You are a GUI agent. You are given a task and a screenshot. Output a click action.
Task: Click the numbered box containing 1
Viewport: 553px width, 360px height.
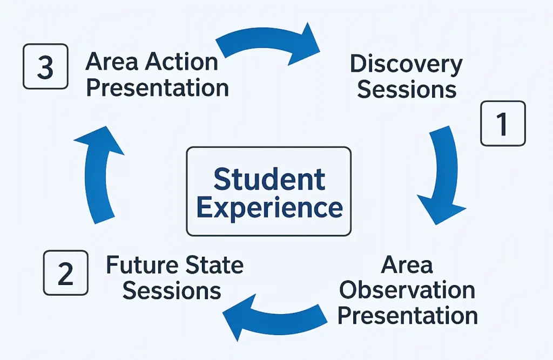click(503, 124)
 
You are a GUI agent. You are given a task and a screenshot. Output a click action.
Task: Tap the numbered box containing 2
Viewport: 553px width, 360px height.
click(65, 273)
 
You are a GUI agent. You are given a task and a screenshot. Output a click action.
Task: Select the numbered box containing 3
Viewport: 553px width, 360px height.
click(45, 66)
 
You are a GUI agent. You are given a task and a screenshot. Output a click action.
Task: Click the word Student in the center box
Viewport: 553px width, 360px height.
click(269, 180)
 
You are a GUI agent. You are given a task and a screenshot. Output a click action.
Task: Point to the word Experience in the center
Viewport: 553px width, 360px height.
click(269, 208)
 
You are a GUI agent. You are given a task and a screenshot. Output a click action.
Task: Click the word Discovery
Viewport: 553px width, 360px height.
click(406, 65)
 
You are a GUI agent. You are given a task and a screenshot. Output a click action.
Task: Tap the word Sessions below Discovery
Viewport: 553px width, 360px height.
click(407, 89)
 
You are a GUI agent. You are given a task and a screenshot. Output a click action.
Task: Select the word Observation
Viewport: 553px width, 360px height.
click(407, 290)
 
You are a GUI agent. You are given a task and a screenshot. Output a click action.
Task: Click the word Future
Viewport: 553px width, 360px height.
click(142, 265)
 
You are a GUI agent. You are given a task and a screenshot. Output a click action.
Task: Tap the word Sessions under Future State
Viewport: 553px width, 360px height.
click(172, 290)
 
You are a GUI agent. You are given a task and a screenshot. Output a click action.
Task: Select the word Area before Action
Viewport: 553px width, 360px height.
click(112, 62)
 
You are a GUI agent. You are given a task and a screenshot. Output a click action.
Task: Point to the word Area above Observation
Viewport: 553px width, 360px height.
click(407, 265)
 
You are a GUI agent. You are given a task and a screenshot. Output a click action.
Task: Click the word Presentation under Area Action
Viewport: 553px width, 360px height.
click(158, 88)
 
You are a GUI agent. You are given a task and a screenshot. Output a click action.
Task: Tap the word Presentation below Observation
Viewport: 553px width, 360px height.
click(408, 316)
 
